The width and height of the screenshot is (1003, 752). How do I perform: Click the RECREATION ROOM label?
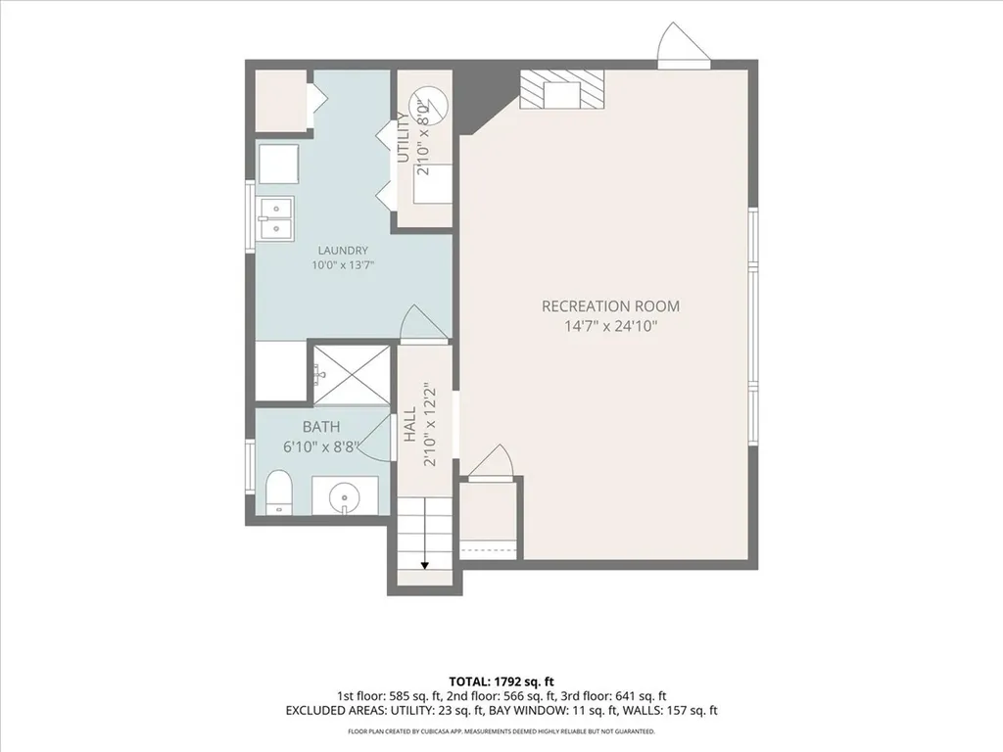coord(610,306)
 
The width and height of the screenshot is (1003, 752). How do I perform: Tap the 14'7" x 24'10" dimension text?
coord(610,326)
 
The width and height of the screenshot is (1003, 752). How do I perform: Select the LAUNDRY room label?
coord(343,251)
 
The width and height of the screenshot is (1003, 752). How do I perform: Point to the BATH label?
coord(321,427)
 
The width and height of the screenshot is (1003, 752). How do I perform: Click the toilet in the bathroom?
coord(278,493)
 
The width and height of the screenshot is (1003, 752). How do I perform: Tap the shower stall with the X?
coord(350,375)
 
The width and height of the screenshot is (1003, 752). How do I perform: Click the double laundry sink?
coord(275,218)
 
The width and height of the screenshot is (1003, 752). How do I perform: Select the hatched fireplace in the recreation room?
coord(561,89)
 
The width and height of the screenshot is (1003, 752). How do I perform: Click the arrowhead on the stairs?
coord(425,565)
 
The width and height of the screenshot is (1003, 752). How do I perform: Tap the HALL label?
coord(410,424)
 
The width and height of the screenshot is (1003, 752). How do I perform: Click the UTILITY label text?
coord(403,137)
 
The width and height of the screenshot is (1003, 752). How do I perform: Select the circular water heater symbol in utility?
coord(429,103)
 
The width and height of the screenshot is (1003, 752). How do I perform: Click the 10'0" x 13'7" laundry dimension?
coord(343,264)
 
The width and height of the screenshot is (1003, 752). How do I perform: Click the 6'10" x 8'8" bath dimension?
coord(321,446)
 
